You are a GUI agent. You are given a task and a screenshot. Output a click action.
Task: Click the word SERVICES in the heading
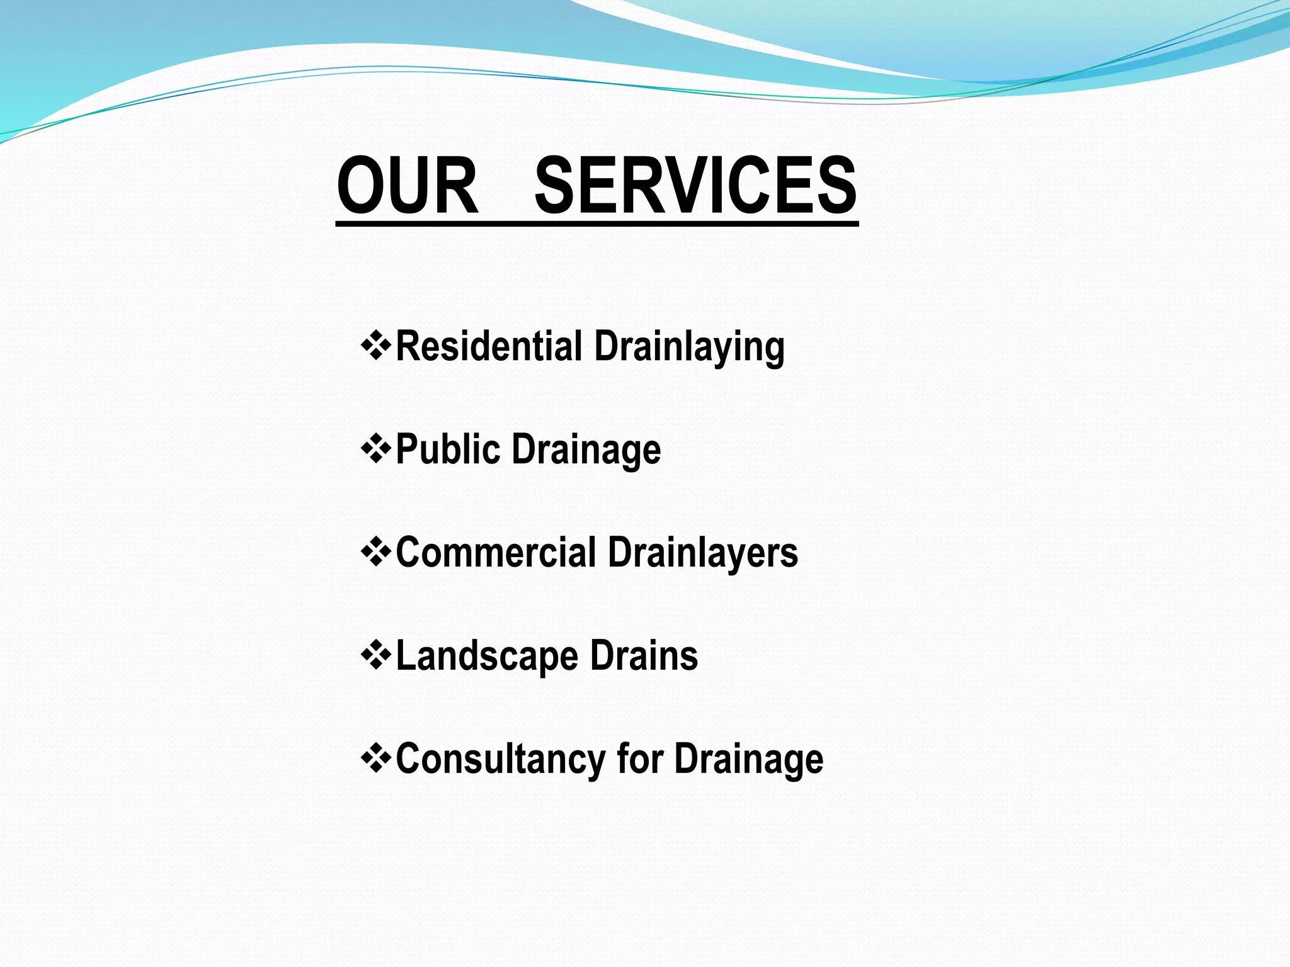click(x=695, y=186)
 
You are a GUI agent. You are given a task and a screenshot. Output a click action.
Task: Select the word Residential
click(x=489, y=346)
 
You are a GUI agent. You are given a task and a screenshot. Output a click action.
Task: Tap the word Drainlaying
click(x=689, y=348)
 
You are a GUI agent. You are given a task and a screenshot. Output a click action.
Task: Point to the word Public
click(x=448, y=450)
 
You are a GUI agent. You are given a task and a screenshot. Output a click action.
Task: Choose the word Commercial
click(x=496, y=552)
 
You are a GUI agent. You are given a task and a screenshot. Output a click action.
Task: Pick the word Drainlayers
click(x=703, y=553)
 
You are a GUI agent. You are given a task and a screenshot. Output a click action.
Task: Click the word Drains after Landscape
click(x=644, y=655)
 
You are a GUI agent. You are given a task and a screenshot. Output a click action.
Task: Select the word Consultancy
click(x=500, y=759)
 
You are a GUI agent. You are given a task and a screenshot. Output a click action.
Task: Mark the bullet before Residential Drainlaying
click(x=376, y=346)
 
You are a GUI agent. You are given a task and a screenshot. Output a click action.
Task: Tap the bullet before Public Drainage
click(x=376, y=449)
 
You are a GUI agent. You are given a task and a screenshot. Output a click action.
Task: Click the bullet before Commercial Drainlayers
click(x=376, y=552)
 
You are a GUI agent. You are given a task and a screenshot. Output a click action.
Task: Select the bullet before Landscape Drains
click(x=376, y=655)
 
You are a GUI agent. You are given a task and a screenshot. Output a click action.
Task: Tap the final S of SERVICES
click(x=834, y=186)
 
